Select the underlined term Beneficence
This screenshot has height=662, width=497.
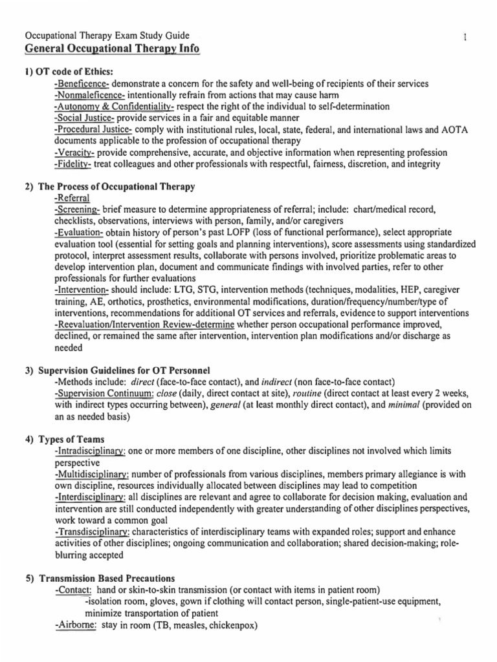[x=82, y=85]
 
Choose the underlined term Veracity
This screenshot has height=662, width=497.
[x=75, y=153]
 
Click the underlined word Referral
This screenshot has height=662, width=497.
[x=72, y=198]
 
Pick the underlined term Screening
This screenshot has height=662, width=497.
[x=78, y=209]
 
